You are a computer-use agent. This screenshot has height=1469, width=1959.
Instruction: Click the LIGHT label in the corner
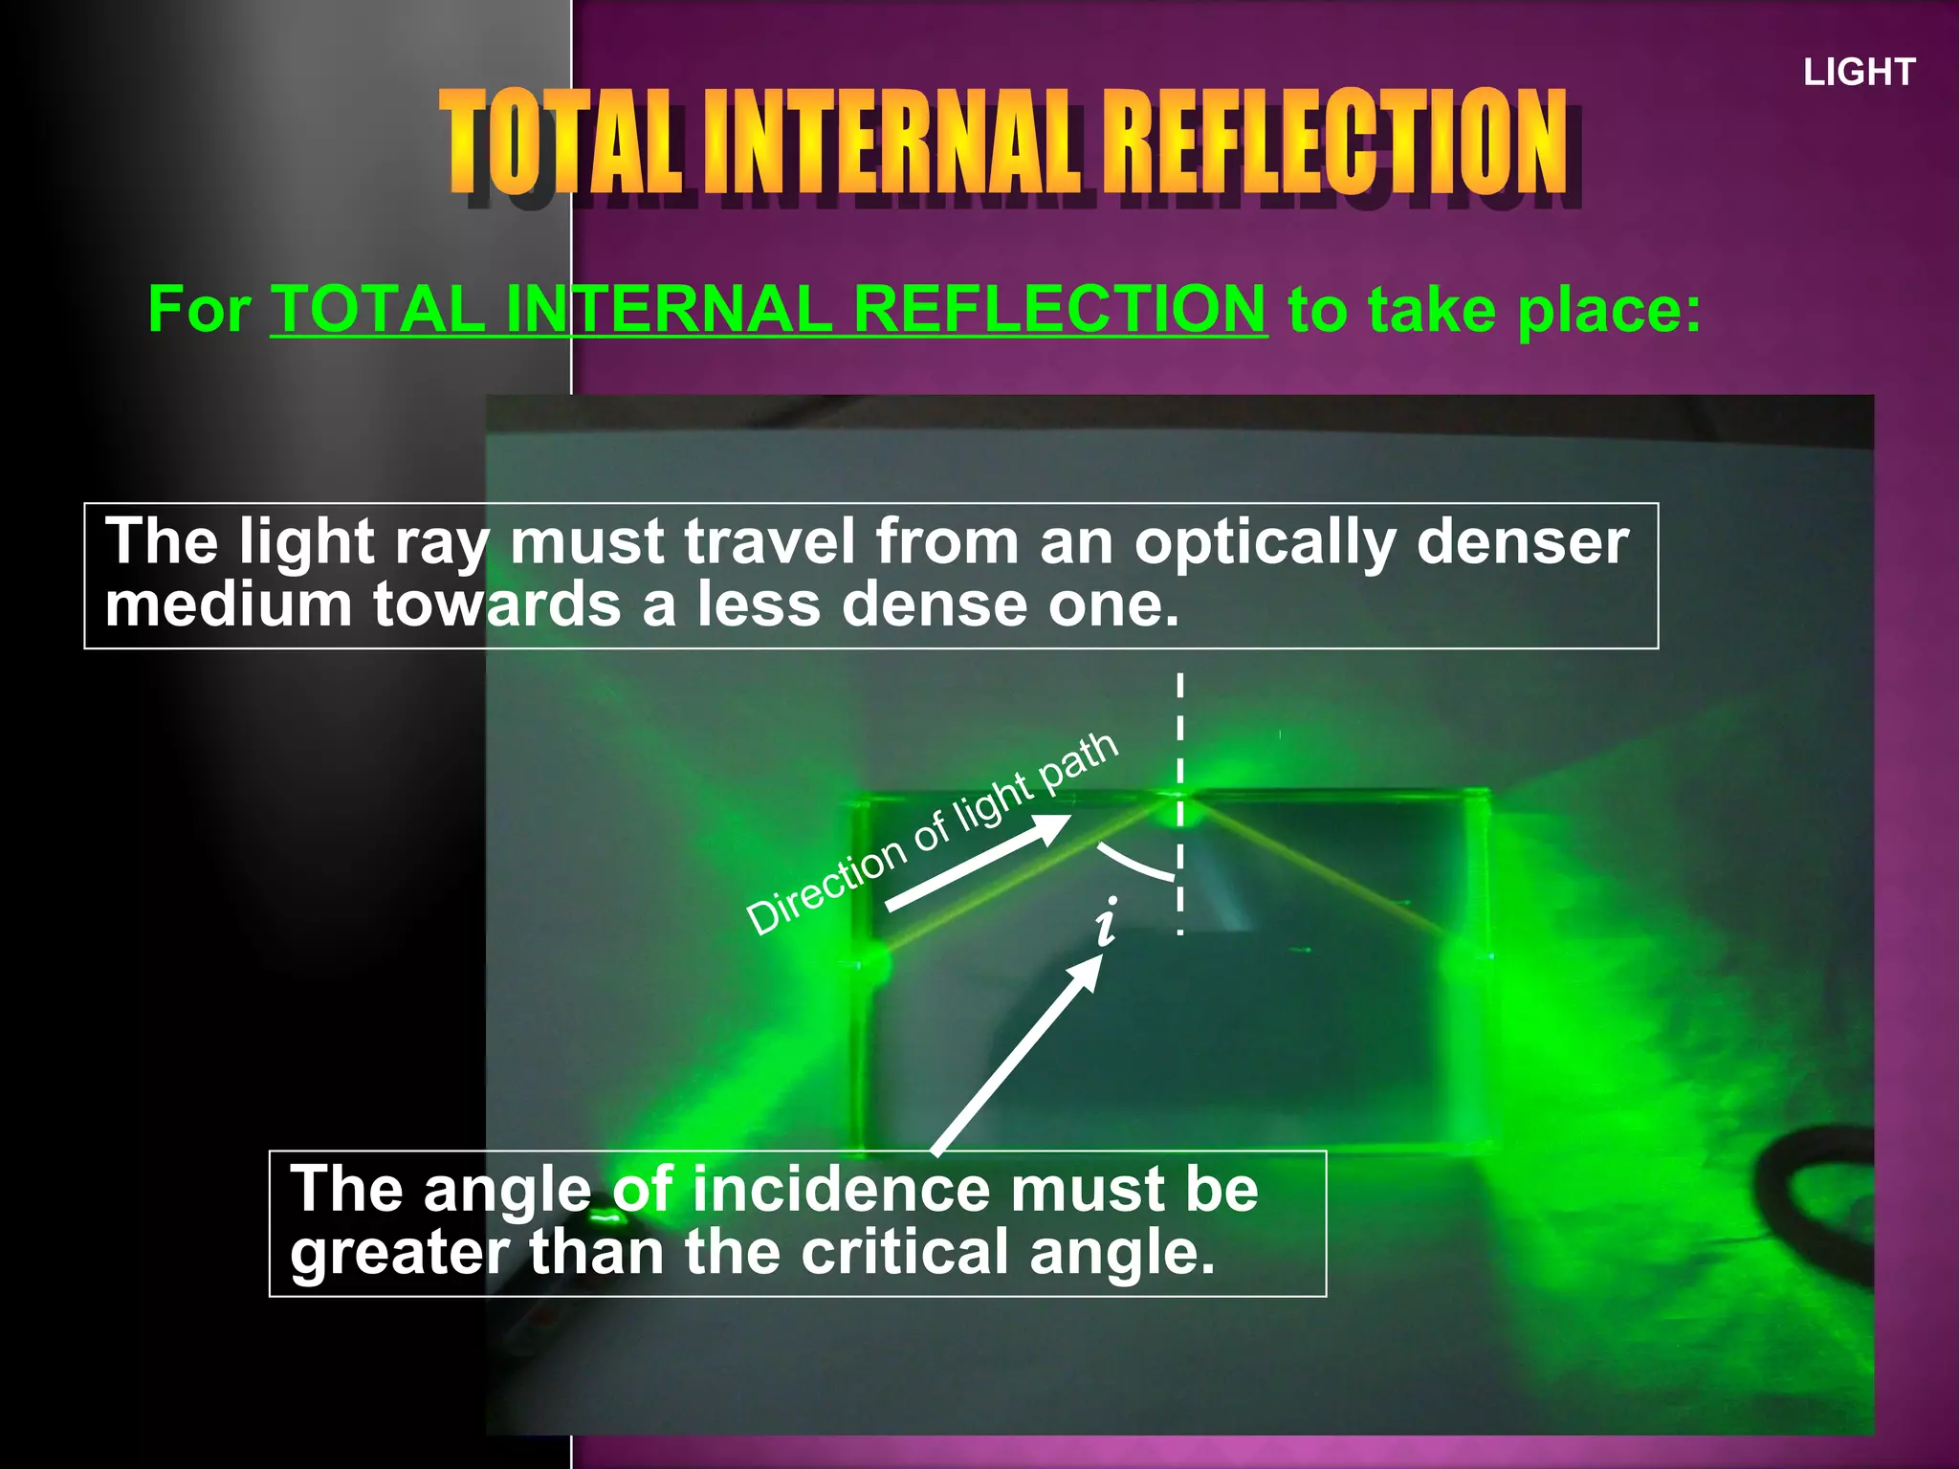[x=1859, y=73]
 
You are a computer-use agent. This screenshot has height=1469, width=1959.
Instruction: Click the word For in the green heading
[x=199, y=310]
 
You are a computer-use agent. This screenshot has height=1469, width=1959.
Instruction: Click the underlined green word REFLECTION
[x=1060, y=310]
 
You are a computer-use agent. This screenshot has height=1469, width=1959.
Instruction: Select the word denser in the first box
[x=1523, y=542]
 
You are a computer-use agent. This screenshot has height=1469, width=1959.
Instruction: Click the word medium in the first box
[x=229, y=605]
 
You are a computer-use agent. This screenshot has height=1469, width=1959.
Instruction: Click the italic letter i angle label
[x=1107, y=923]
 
